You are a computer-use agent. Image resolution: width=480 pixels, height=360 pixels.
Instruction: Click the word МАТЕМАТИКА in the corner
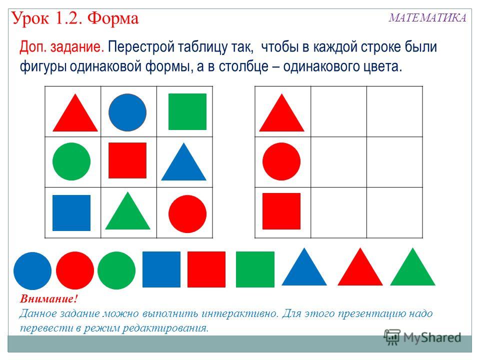427,18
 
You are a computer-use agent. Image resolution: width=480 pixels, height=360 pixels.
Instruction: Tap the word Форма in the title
113,18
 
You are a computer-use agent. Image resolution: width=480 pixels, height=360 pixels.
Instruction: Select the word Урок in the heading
30,18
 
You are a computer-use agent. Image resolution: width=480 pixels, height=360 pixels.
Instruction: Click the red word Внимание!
49,298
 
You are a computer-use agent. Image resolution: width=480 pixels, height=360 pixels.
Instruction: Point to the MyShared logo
422,337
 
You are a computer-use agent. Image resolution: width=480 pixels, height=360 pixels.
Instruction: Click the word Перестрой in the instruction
141,47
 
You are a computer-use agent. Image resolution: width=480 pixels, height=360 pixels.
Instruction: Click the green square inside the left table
187,111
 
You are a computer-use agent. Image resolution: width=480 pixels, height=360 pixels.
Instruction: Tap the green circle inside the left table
71,161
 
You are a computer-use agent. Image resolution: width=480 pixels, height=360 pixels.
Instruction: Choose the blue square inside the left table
71,213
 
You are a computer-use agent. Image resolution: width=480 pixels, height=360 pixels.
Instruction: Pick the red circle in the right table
281,161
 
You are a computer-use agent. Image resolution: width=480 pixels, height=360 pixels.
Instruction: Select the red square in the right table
281,211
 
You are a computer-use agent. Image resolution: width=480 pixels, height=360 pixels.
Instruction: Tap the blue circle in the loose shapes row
32,271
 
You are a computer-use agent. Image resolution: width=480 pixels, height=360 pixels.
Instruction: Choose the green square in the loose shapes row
255,269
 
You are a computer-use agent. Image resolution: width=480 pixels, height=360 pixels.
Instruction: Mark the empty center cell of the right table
338,162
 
